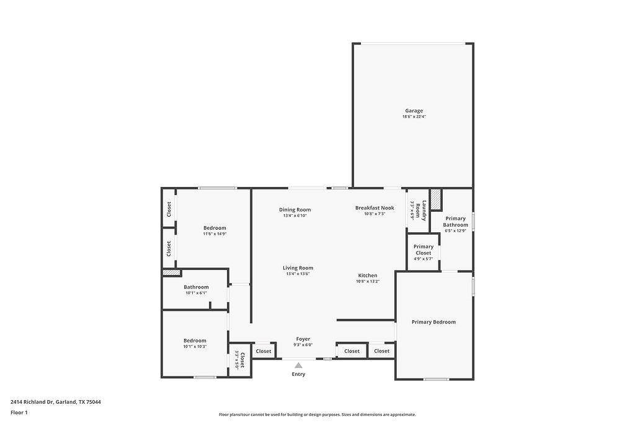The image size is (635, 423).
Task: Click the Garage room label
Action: (414, 111)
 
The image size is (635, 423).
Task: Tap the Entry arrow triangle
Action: (298, 365)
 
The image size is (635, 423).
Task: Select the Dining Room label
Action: (295, 210)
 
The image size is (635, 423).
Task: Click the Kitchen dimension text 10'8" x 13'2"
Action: (368, 281)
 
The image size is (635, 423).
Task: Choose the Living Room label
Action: (298, 268)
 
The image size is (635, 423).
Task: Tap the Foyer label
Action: (303, 339)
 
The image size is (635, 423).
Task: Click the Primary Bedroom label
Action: (433, 322)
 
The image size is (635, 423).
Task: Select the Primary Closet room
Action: (424, 251)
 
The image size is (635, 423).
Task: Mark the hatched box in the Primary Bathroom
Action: (436, 199)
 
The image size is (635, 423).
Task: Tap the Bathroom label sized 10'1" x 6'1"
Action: (196, 287)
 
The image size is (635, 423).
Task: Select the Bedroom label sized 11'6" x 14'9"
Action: (215, 228)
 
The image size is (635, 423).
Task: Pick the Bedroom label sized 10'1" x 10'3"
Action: (195, 341)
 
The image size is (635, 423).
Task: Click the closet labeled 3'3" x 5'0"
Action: (240, 360)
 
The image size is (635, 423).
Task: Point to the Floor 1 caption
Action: (19, 412)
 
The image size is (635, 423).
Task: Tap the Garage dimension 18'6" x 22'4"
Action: (414, 116)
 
